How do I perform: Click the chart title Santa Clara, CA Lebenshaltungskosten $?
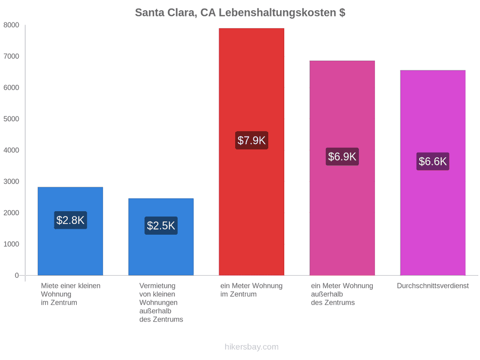[240, 13]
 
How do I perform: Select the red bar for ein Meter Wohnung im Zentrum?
[251, 152]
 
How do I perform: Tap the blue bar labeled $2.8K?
[70, 231]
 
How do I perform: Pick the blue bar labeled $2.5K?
[161, 237]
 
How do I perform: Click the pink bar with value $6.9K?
[342, 168]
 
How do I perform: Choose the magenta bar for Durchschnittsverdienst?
[433, 173]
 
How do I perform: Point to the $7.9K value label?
[252, 140]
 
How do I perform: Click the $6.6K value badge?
[433, 161]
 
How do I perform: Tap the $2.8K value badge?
[70, 220]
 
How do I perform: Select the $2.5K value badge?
[161, 226]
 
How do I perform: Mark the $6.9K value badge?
[342, 156]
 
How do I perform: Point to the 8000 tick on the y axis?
[11, 25]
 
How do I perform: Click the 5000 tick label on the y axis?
[11, 119]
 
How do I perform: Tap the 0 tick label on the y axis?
[17, 276]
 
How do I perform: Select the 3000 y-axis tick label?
[11, 181]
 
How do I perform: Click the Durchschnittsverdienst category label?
[433, 286]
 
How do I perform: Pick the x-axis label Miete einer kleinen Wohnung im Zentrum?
[71, 294]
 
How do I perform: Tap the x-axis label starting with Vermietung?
[161, 302]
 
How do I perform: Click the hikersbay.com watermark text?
[252, 347]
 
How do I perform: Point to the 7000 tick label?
[11, 57]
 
